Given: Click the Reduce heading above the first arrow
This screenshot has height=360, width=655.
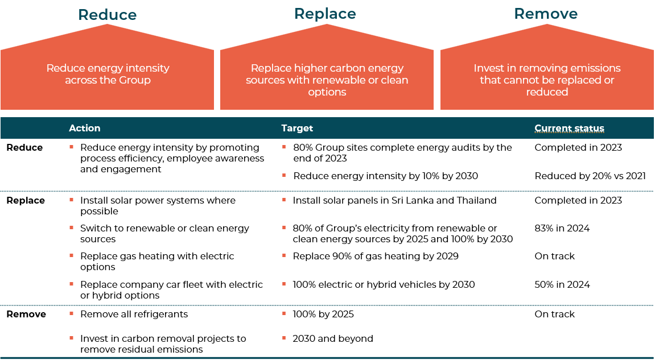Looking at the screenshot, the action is pyautogui.click(x=108, y=15).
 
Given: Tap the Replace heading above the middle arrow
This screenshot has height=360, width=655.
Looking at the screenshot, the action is pyautogui.click(x=325, y=14).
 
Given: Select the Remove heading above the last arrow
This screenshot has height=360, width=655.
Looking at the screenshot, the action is pyautogui.click(x=546, y=14).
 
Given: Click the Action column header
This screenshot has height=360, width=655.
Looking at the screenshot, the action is pyautogui.click(x=84, y=128).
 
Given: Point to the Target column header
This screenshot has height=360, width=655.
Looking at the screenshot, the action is pyautogui.click(x=297, y=128).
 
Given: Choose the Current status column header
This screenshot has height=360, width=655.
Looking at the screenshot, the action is pyautogui.click(x=570, y=128).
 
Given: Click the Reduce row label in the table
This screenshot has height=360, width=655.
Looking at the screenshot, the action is pyautogui.click(x=24, y=147).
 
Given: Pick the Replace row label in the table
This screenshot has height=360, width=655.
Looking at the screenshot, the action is pyautogui.click(x=26, y=200).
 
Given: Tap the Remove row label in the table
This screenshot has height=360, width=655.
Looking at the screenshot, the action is pyautogui.click(x=26, y=314).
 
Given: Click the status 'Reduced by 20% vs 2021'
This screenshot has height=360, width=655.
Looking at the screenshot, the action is pyautogui.click(x=590, y=176).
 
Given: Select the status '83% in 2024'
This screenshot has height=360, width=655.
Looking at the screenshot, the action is pyautogui.click(x=562, y=229).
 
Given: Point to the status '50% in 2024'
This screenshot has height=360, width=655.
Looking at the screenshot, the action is pyautogui.click(x=562, y=285).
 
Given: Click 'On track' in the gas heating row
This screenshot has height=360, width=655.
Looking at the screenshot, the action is pyautogui.click(x=554, y=256).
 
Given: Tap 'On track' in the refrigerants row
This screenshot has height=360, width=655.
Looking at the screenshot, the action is pyautogui.click(x=554, y=314).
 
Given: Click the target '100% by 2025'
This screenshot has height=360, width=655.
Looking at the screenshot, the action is pyautogui.click(x=323, y=314).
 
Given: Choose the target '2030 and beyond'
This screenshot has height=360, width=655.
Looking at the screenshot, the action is pyautogui.click(x=333, y=339).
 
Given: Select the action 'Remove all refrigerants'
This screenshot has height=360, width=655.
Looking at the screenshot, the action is pyautogui.click(x=134, y=314).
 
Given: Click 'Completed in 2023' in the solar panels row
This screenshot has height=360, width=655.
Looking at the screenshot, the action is pyautogui.click(x=578, y=200).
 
